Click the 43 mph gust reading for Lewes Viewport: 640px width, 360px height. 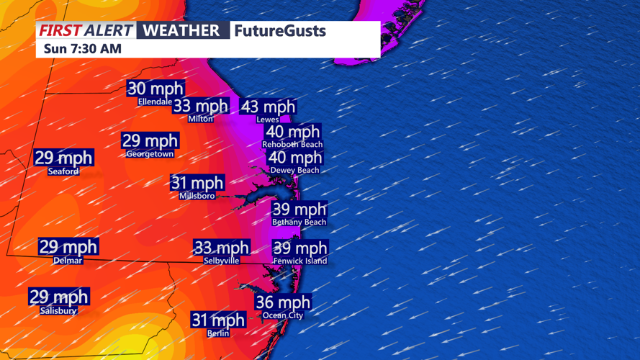pyautogui.click(x=268, y=107)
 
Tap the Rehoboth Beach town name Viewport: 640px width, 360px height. pyautogui.click(x=292, y=145)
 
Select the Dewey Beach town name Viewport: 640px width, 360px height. pyautogui.click(x=294, y=171)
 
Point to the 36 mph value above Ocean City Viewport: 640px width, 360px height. pyautogui.click(x=283, y=302)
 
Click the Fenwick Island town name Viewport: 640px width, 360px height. pyautogui.click(x=300, y=261)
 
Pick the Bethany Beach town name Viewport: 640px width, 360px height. pyautogui.click(x=299, y=222)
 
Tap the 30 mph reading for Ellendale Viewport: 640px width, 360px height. pyautogui.click(x=156, y=89)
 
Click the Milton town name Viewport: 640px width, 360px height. pyautogui.click(x=201, y=120)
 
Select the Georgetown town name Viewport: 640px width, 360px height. pyautogui.click(x=150, y=154)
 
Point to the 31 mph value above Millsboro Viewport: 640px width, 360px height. pyautogui.click(x=197, y=183)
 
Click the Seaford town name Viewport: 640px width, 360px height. pyautogui.click(x=63, y=171)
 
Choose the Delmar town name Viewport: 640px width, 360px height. pyautogui.click(x=68, y=261)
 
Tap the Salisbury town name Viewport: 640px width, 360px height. pyautogui.click(x=58, y=311)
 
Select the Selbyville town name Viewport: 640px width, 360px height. pyautogui.click(x=222, y=261)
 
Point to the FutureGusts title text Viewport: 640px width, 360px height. pyautogui.click(x=279, y=30)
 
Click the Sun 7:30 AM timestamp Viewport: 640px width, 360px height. pyautogui.click(x=83, y=49)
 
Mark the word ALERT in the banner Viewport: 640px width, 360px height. pyautogui.click(x=108, y=30)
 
